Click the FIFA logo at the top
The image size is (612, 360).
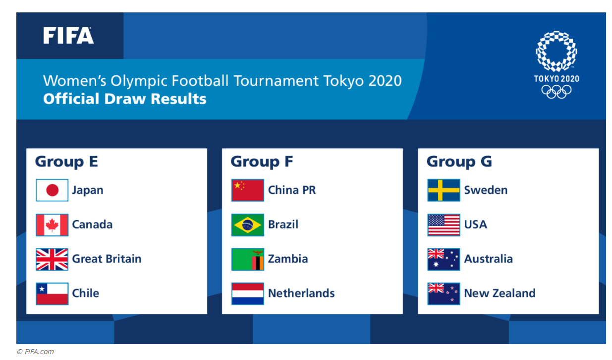coord(68,35)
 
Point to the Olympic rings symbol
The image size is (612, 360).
coord(556,92)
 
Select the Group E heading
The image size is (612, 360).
coord(66,161)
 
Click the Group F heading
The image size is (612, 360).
coord(262,161)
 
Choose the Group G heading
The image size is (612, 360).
coord(459,161)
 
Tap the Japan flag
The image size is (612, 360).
coord(52,190)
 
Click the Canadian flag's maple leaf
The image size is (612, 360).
coord(52,225)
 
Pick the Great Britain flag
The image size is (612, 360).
coord(52,259)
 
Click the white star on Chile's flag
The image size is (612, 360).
coord(42,289)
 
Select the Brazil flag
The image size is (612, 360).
coord(248,225)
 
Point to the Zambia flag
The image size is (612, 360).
coord(248,259)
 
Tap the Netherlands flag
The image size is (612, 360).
coord(248,294)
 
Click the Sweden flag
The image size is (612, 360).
coord(444,190)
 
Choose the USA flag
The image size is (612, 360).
coord(444,225)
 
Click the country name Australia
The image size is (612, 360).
coord(489,259)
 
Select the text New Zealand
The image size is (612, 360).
coord(500,293)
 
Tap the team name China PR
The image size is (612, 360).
coord(292,190)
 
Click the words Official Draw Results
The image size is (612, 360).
coord(124,99)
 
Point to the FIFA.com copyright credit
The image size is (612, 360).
coord(36,352)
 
